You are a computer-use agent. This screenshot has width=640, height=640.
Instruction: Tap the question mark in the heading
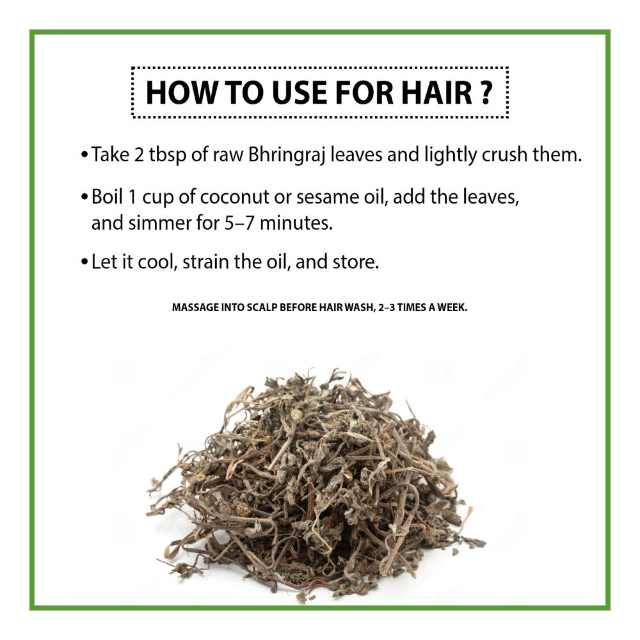click(486, 93)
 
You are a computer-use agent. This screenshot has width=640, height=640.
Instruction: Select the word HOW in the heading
click(181, 93)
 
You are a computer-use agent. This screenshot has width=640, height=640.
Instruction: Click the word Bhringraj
click(287, 156)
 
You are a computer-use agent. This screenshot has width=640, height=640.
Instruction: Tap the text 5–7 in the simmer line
click(239, 223)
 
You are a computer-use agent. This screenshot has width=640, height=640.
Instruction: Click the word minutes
click(296, 223)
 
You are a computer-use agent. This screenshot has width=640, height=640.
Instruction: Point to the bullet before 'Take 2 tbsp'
click(84, 155)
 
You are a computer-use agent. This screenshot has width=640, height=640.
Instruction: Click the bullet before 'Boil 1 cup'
click(84, 197)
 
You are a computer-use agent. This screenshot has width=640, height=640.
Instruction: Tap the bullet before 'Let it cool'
click(84, 262)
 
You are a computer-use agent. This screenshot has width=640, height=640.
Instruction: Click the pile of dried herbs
click(316, 482)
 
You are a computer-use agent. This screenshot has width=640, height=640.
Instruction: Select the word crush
click(504, 155)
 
